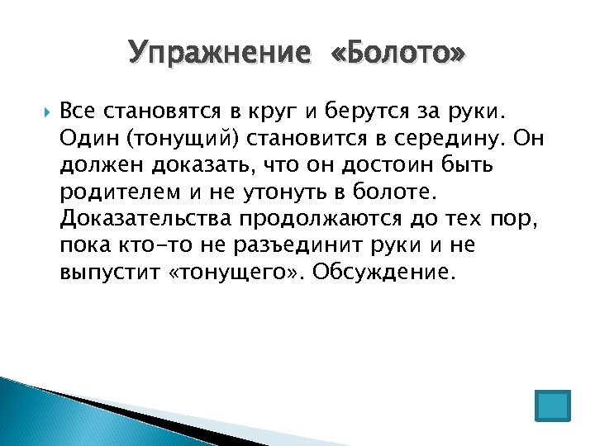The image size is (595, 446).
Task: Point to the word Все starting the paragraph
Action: coord(79,110)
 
